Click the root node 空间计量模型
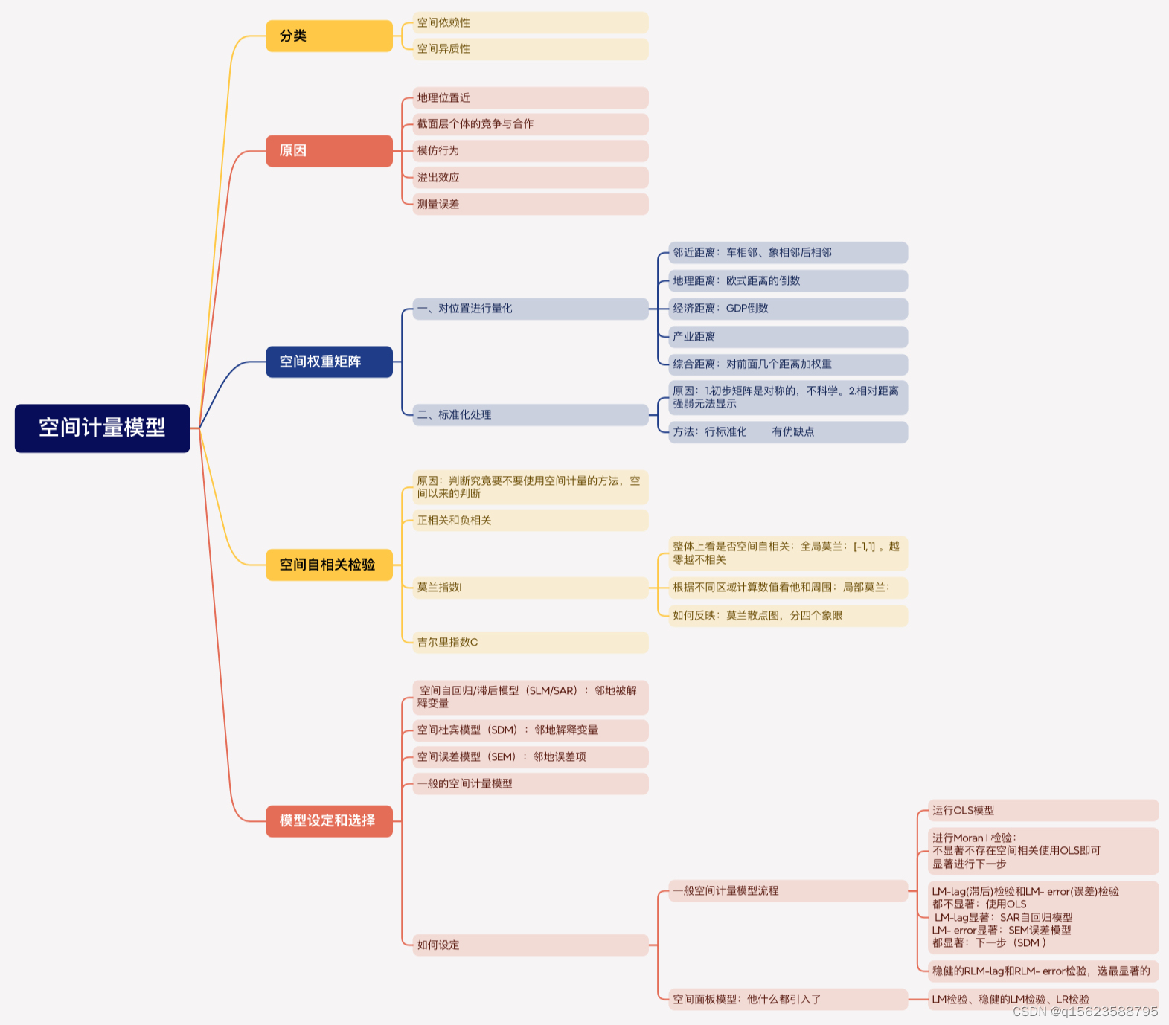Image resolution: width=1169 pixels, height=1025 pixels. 102,428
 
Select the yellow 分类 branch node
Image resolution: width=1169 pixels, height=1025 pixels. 329,36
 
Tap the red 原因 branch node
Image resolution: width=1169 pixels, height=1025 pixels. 329,150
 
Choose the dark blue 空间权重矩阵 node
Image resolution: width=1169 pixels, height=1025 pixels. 329,362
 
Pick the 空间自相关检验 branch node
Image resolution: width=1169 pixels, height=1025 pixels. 329,565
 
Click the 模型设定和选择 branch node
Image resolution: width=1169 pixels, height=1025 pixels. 329,820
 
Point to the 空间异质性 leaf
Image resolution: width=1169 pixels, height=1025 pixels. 530,49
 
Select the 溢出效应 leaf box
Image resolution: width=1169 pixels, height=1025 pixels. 530,178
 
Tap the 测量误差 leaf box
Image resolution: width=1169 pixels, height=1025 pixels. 530,204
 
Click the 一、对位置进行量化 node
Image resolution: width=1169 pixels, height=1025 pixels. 530,309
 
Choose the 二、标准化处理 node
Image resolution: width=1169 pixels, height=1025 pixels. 530,415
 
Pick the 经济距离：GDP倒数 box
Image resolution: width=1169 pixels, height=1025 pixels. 787,309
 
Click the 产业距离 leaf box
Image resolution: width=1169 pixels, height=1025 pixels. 787,337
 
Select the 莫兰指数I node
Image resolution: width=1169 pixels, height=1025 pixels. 530,588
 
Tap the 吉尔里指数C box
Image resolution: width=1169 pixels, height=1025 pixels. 530,643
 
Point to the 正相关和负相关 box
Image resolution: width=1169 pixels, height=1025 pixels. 530,521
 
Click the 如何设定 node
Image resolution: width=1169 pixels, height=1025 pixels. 530,945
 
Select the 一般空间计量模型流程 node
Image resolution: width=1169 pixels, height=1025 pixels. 787,891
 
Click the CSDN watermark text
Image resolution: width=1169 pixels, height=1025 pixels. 1085,1012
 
